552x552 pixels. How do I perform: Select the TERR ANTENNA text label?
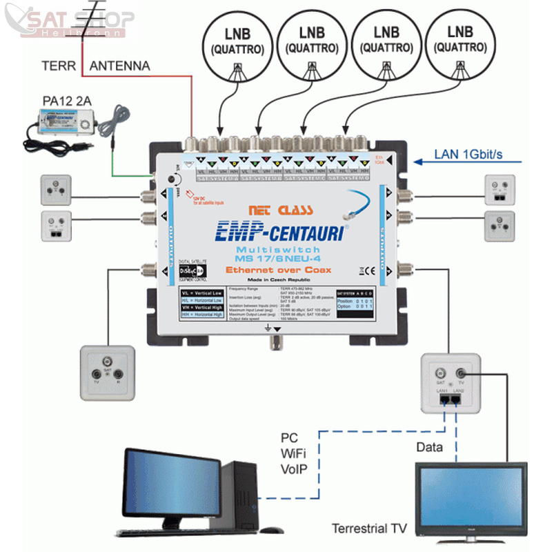(x=96, y=66)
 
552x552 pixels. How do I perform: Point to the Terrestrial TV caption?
(x=369, y=529)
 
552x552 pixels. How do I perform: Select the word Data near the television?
(x=430, y=447)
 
